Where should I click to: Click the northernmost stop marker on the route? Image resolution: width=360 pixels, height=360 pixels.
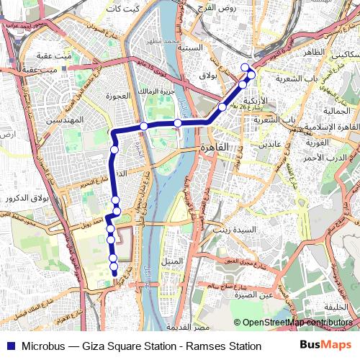pyautogui.click(x=245, y=67)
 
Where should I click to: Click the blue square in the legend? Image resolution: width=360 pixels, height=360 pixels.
pyautogui.click(x=9, y=346)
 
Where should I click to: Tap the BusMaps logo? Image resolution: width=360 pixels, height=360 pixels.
pyautogui.click(x=326, y=346)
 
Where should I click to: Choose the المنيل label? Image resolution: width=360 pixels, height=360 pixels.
pyautogui.click(x=173, y=260)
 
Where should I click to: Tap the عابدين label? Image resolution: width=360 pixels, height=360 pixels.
pyautogui.click(x=260, y=145)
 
